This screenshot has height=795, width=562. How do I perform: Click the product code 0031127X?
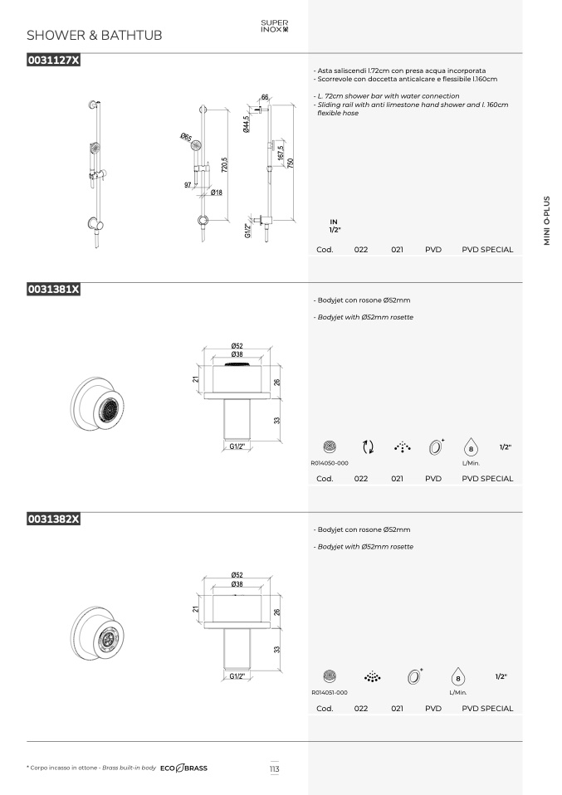coord(54,60)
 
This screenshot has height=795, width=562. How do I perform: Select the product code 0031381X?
coord(54,289)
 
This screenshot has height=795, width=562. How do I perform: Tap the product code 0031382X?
coord(54,519)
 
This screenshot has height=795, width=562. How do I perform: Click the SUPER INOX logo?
coord(275,26)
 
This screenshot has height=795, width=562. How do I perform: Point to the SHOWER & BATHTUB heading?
coord(95,35)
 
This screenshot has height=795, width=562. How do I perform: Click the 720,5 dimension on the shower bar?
coord(225,165)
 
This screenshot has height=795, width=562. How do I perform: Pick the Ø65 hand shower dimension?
coord(186,137)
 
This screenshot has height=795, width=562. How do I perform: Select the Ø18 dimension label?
coord(217,193)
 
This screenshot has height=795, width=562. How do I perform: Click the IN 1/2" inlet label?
coord(335,226)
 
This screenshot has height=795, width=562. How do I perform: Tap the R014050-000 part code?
coord(330,463)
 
